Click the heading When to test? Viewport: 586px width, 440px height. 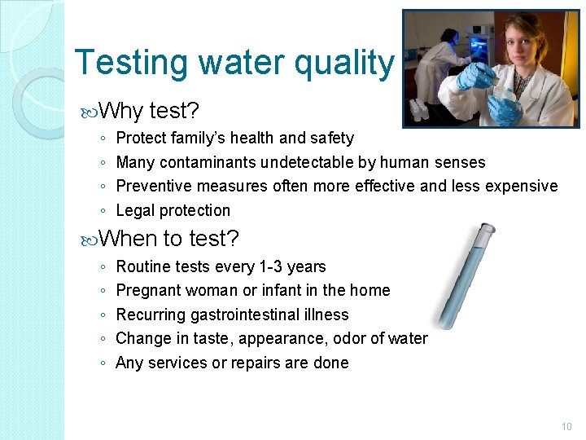pyautogui.click(x=168, y=239)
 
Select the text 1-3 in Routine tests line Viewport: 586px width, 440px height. pyautogui.click(x=255, y=266)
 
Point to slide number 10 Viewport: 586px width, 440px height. pyautogui.click(x=566, y=426)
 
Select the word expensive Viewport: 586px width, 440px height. pyautogui.click(x=522, y=186)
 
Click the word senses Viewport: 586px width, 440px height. pyautogui.click(x=459, y=162)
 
